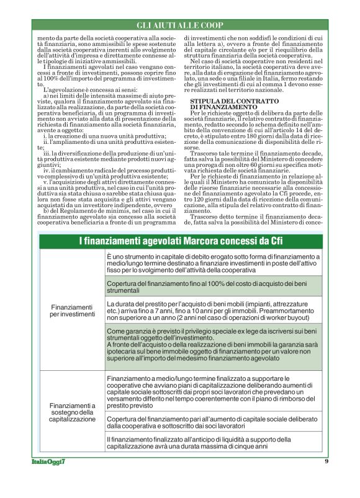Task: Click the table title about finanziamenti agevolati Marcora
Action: [180, 241]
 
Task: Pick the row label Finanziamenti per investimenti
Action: [72, 311]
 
